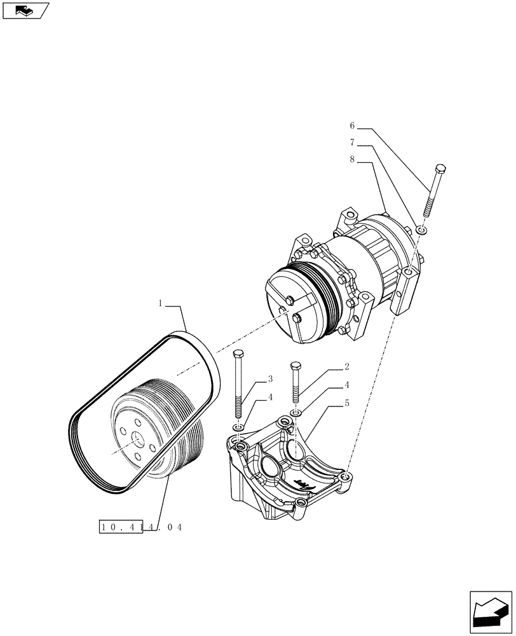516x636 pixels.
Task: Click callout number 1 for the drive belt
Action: click(161, 305)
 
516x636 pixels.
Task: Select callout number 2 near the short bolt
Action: click(348, 367)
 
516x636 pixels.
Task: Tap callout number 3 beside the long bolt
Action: click(269, 379)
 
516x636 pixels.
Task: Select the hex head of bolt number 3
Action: click(238, 353)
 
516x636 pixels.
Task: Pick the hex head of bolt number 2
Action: click(295, 366)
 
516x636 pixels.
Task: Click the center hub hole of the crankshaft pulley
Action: click(137, 439)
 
